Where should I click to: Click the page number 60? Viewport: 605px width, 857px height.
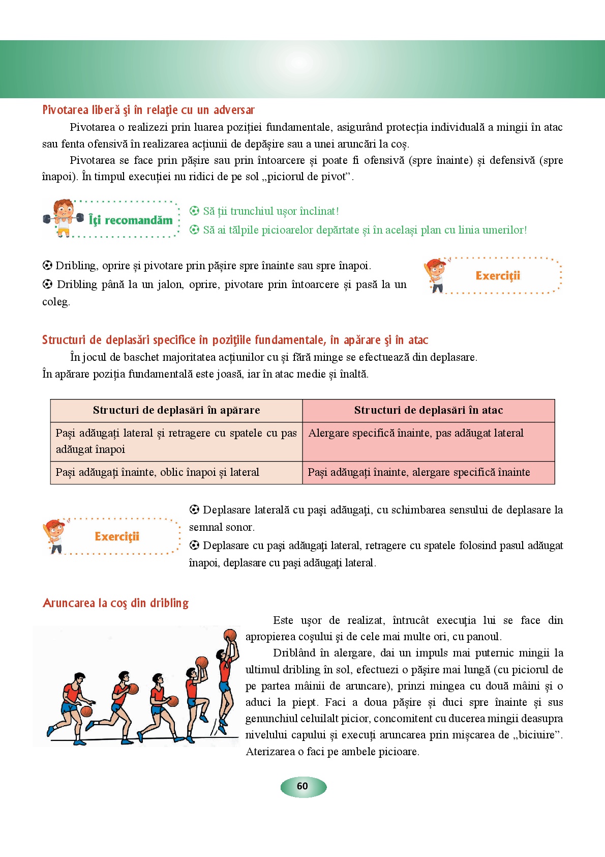(302, 786)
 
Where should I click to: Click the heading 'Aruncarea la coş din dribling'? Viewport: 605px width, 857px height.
(116, 603)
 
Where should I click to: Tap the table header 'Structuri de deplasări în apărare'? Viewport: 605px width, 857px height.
(176, 410)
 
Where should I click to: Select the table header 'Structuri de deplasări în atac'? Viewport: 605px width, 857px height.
(429, 410)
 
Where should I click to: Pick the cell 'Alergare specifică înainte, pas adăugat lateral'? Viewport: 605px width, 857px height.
(416, 433)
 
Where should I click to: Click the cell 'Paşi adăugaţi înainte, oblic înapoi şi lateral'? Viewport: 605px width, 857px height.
(158, 472)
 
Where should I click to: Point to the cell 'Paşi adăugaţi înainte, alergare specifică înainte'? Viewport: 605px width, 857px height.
(419, 472)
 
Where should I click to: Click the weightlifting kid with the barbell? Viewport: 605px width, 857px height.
(63, 218)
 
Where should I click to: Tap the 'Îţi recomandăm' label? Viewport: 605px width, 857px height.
(131, 220)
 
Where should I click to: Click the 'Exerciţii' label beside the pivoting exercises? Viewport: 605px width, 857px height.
(498, 276)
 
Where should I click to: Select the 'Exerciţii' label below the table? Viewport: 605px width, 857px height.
(117, 536)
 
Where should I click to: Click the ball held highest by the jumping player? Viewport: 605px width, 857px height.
(230, 635)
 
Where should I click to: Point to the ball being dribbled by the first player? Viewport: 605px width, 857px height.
(86, 711)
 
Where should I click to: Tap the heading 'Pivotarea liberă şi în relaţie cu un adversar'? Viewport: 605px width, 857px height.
(148, 110)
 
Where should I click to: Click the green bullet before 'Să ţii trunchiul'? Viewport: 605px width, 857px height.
(194, 211)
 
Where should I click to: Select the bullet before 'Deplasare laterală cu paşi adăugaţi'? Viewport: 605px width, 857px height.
(194, 509)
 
